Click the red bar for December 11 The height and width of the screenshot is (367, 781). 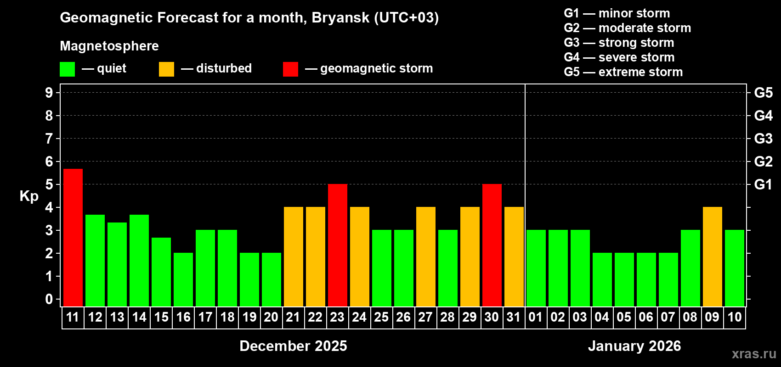tap(73, 238)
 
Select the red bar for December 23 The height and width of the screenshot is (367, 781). tap(338, 245)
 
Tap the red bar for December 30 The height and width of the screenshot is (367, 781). tap(492, 245)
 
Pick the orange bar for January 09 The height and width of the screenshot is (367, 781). tap(713, 256)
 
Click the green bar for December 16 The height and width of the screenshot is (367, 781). tap(183, 279)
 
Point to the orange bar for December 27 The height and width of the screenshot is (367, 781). tap(426, 256)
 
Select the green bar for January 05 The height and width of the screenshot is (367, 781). tap(624, 279)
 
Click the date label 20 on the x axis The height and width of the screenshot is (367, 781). tap(271, 317)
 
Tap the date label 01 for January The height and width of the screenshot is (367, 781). tap(536, 317)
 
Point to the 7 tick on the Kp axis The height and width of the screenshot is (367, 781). tap(49, 139)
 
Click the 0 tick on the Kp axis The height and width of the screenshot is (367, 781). tap(49, 300)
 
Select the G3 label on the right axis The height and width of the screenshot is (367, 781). tap(763, 139)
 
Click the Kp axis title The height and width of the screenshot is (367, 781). tap(29, 196)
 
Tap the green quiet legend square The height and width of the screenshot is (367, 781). tap(68, 69)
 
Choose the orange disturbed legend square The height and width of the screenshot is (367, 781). tap(167, 69)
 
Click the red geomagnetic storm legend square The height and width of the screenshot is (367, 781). tap(291, 69)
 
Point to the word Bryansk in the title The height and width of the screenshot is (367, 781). tap(340, 18)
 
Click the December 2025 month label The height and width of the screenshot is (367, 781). tap(293, 346)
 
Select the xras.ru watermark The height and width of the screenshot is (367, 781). tap(754, 354)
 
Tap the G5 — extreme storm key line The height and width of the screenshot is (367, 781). tap(623, 72)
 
